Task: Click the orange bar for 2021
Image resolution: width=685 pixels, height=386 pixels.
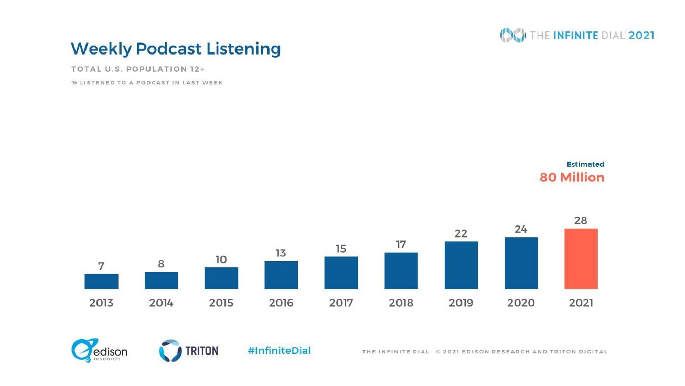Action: coord(581,259)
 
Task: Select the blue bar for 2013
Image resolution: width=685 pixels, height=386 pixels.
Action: coord(101,281)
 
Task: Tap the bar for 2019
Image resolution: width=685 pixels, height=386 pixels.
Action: coord(461,265)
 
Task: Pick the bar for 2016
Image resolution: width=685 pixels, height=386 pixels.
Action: coord(281,275)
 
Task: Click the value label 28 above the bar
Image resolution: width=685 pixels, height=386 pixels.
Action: coord(581,220)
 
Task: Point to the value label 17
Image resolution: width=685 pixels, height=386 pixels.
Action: coord(401,244)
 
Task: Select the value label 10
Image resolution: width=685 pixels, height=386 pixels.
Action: coord(221,259)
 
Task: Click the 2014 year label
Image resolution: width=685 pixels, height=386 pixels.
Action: coord(161,303)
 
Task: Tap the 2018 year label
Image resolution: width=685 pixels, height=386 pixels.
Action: coord(401,303)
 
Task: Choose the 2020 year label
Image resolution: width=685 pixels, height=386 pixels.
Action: coord(521,303)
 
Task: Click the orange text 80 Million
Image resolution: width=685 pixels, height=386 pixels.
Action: coord(572,177)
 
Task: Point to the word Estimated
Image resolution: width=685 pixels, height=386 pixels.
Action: coord(585,164)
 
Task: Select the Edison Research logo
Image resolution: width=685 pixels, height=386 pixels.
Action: coord(99,350)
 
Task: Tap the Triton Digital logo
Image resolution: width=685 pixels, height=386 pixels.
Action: coord(189,351)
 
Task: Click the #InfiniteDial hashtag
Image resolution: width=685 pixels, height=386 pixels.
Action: coord(279,350)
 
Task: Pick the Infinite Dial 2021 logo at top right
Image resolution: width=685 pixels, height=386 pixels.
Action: coord(577,35)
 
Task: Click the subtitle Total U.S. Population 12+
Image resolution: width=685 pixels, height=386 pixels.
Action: coord(138,69)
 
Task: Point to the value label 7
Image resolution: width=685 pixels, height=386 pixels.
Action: coord(101,266)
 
